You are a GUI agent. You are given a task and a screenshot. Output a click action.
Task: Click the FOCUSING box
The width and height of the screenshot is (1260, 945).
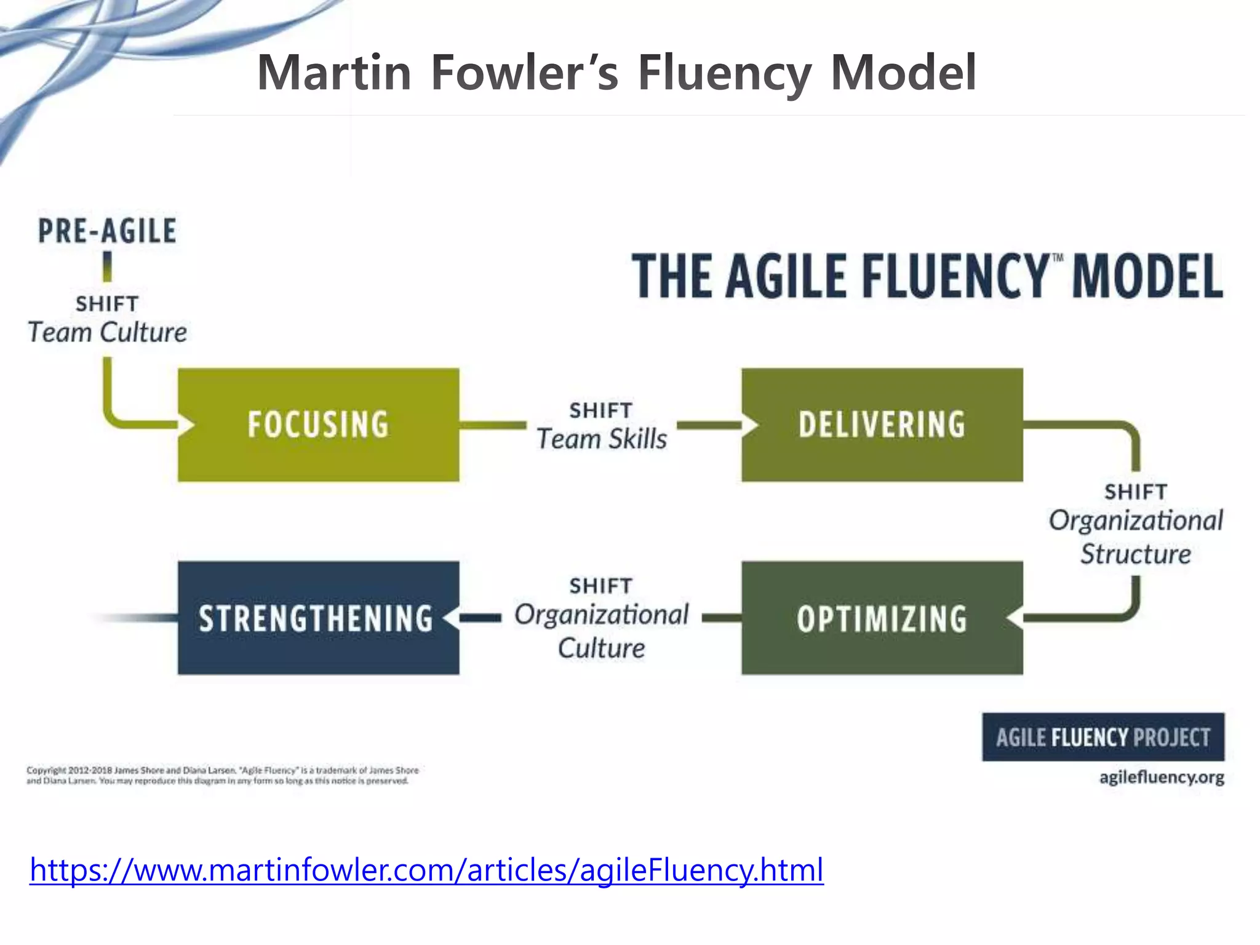tap(318, 425)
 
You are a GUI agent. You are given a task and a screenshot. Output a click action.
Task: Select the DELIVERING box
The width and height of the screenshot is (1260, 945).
tap(882, 425)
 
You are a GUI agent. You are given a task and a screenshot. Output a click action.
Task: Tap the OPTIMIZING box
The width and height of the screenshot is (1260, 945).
tap(882, 618)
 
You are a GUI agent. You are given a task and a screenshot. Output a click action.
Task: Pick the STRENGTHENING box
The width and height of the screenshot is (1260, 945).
tap(318, 618)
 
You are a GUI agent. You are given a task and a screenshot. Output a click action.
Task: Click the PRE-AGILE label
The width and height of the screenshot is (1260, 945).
tap(107, 231)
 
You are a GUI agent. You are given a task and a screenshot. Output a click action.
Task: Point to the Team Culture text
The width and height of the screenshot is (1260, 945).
tap(107, 333)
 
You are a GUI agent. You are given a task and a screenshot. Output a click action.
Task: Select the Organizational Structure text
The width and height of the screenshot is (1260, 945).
tap(1136, 537)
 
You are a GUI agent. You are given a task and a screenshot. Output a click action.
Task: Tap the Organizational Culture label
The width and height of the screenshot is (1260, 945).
tap(602, 631)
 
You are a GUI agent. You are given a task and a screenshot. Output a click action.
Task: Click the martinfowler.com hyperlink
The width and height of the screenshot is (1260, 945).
tap(426, 870)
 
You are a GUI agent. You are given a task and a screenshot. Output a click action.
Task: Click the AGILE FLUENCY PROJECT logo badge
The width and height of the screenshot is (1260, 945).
tap(1103, 737)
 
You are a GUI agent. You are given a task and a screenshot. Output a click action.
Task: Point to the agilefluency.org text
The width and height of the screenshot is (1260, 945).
tap(1162, 777)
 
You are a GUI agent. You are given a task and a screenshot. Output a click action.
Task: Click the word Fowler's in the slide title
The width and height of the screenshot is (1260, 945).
tap(524, 73)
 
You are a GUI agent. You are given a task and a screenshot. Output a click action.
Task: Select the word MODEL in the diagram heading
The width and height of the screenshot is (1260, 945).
tap(1147, 276)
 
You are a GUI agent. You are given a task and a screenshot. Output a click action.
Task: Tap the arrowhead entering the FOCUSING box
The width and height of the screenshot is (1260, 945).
tap(186, 425)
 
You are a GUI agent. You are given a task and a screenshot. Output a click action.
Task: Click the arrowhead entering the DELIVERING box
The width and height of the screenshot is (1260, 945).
tap(750, 425)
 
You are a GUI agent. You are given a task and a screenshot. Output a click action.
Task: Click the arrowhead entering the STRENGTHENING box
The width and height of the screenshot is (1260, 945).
tap(452, 618)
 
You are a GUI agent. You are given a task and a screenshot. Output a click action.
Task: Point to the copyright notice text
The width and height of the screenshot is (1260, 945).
tap(221, 775)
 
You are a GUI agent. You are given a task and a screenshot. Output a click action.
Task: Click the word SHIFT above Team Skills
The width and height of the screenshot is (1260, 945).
tap(600, 410)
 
